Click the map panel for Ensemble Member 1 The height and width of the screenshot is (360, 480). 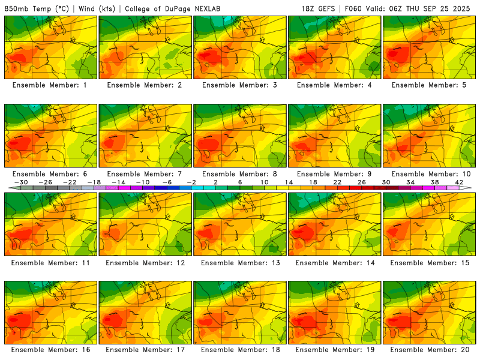click(x=50, y=47)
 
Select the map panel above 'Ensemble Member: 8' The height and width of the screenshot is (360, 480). click(x=240, y=136)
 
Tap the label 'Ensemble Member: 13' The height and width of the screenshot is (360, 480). click(x=240, y=262)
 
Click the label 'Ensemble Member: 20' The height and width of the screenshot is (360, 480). click(x=430, y=350)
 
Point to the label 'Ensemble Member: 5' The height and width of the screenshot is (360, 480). click(x=430, y=85)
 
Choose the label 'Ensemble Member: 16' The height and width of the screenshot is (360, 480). click(x=50, y=350)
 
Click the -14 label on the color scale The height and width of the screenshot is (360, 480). click(x=118, y=182)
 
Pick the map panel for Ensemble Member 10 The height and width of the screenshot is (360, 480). click(x=430, y=136)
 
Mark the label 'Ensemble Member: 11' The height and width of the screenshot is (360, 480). click(x=50, y=262)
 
